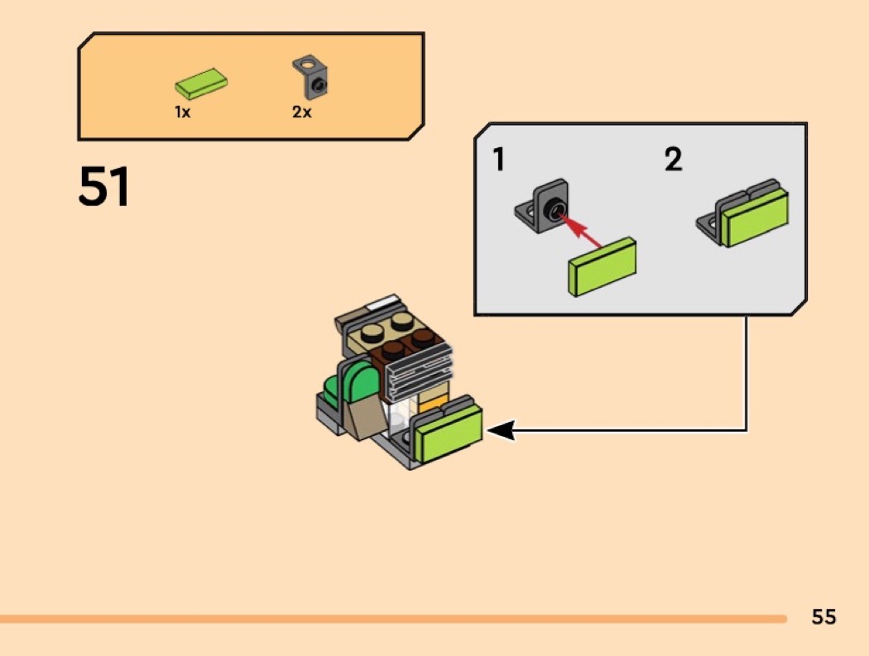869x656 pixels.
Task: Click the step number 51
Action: click(x=104, y=187)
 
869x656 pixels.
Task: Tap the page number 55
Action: click(x=823, y=617)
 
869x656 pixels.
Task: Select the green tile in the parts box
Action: click(x=201, y=84)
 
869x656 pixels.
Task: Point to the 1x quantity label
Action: click(x=182, y=113)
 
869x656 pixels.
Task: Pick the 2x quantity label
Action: click(x=302, y=113)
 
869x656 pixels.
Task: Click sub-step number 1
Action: click(x=498, y=159)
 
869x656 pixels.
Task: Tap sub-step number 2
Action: click(x=674, y=159)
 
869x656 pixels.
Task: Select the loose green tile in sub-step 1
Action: click(x=603, y=266)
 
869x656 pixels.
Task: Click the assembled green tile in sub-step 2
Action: click(x=755, y=217)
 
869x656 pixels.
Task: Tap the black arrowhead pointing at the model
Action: click(x=502, y=430)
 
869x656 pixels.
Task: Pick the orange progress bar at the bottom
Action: click(x=393, y=619)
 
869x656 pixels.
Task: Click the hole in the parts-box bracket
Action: click(x=309, y=62)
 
